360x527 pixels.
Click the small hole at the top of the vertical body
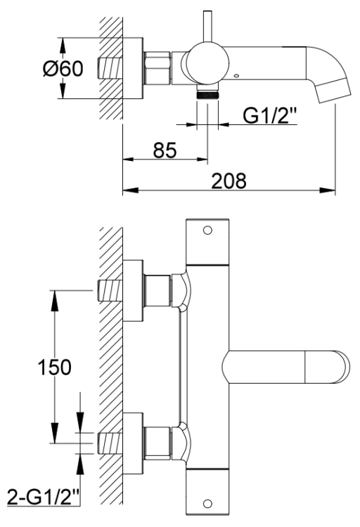(207, 230)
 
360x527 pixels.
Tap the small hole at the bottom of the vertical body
(207, 503)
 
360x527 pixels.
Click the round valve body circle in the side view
(206, 69)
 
